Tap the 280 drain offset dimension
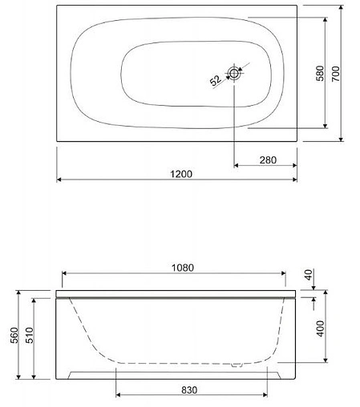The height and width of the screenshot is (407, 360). click(268, 159)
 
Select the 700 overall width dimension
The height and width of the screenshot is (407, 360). click(342, 74)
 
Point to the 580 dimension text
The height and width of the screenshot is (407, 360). click(320, 74)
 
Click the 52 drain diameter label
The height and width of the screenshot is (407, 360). click(216, 80)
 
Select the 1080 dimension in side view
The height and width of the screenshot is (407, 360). click(180, 268)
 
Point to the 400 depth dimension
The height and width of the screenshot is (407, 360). click(321, 329)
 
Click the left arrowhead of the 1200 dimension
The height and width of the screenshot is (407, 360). click(60, 179)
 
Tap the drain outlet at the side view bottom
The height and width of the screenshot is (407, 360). click(237, 368)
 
